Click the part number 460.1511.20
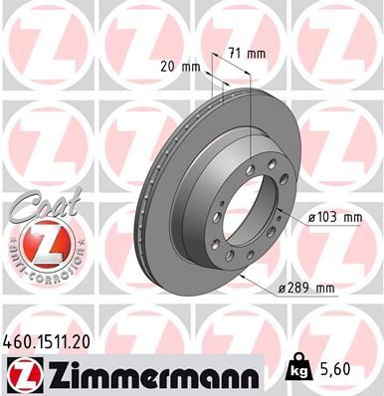(48, 339)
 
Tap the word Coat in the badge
(37, 204)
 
